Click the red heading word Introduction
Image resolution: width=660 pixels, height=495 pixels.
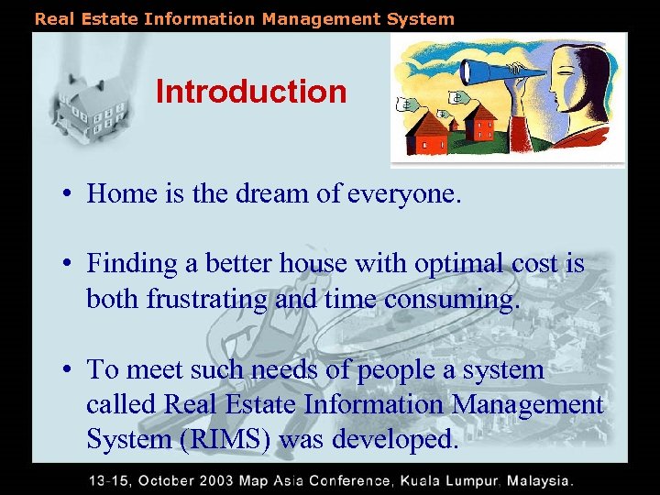coord(251,92)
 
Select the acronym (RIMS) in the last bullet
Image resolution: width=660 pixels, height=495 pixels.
coord(226,439)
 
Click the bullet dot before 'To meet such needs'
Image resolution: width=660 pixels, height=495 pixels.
coord(69,370)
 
